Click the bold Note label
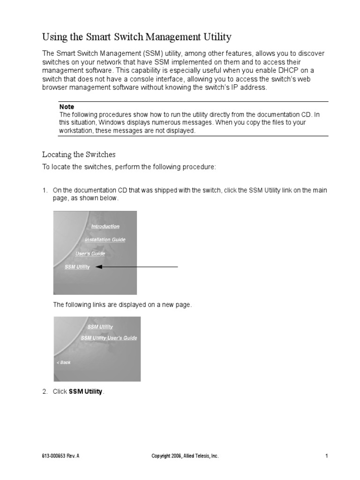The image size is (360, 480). click(x=67, y=107)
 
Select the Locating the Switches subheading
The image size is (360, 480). click(x=79, y=154)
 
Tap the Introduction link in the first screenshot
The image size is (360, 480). click(x=105, y=226)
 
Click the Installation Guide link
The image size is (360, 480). click(x=105, y=240)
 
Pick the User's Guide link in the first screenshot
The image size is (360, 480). click(x=90, y=254)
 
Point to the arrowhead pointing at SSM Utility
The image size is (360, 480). click(x=98, y=267)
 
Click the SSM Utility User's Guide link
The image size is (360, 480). click(x=109, y=337)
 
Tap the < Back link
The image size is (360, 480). click(x=63, y=362)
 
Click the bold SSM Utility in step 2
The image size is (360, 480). click(x=85, y=391)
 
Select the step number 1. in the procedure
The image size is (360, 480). click(x=45, y=190)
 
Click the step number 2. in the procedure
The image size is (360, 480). click(x=45, y=391)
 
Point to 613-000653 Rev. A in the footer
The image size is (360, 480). click(x=60, y=456)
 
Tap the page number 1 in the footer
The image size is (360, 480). click(x=325, y=456)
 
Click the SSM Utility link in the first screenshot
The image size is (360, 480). click(x=77, y=267)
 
